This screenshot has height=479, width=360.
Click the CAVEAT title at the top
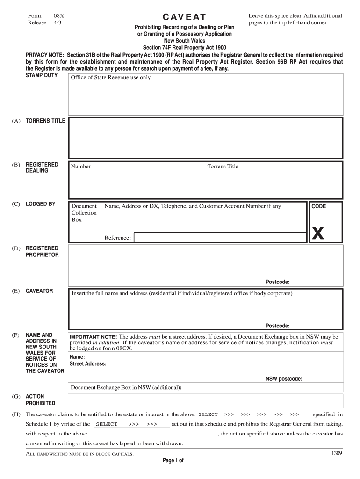184,18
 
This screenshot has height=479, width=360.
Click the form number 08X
59,15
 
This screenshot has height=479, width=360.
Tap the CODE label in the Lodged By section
319,206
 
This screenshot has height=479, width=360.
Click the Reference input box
219,238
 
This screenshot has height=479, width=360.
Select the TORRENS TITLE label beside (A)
45,121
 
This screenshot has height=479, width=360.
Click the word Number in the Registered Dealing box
81,167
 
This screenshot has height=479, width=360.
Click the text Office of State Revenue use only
111,78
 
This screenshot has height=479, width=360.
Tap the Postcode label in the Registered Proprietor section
277,282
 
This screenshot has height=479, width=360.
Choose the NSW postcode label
284,378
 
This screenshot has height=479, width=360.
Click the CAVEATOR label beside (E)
39,291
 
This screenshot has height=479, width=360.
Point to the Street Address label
88,363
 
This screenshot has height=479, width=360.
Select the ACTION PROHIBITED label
40,399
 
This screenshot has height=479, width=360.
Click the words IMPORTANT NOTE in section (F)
93,337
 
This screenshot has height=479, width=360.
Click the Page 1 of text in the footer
173,461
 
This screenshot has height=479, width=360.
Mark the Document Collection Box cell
84,213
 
